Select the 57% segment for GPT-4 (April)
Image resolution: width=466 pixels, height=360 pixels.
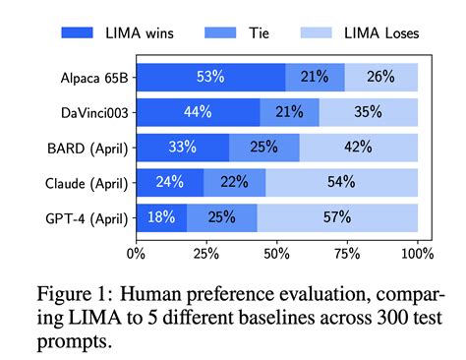point(337,217)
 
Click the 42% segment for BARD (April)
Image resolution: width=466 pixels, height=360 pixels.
point(359,148)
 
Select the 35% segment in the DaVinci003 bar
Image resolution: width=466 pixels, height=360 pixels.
point(369,112)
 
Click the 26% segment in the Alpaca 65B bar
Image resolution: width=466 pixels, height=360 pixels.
point(381,77)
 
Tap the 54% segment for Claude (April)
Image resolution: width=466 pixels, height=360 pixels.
point(341,182)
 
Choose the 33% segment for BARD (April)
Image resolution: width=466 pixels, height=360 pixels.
point(182,148)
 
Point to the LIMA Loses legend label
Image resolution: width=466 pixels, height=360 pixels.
point(395,32)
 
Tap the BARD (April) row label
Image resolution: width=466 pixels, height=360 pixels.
point(86,148)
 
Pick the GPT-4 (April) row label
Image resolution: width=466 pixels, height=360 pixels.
point(85,217)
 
